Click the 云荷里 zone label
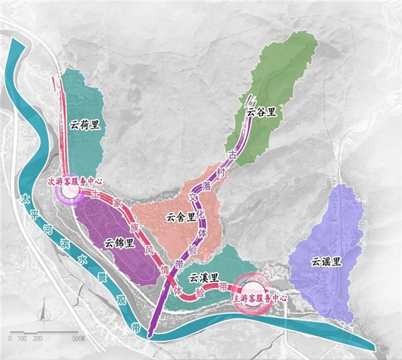84,125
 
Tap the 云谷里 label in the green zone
261,112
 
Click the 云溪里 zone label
202,277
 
